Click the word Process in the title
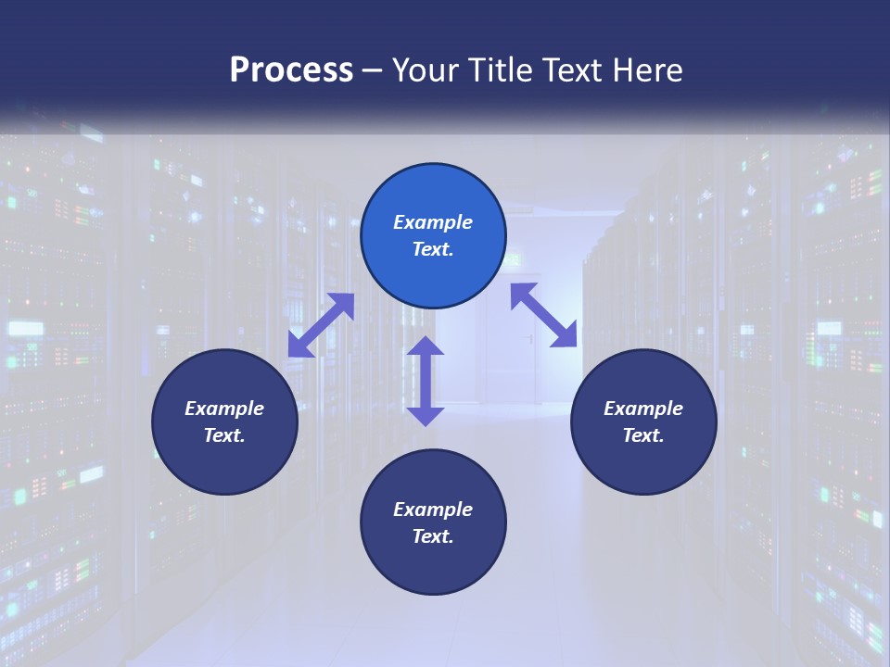[x=291, y=70]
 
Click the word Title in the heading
[x=501, y=70]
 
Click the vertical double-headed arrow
[x=426, y=381]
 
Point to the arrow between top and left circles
[x=321, y=324]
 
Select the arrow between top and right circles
[x=544, y=315]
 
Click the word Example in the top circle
[x=433, y=222]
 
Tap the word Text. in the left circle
[x=224, y=435]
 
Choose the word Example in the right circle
[x=643, y=409]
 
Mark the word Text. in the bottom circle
[x=433, y=536]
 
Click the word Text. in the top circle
[x=433, y=249]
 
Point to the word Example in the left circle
[x=224, y=409]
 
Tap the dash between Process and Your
[x=373, y=70]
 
